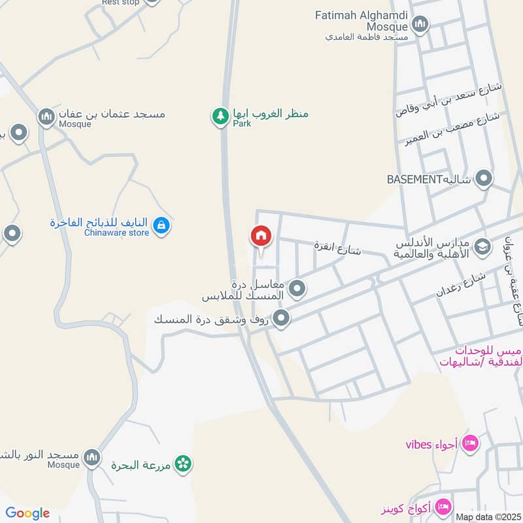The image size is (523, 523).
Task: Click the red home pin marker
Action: click(260, 237)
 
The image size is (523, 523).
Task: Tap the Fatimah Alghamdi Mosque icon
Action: click(419, 25)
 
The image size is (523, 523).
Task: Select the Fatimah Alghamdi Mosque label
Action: click(362, 20)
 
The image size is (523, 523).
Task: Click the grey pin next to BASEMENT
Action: click(484, 178)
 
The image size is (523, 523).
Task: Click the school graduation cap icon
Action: click(482, 247)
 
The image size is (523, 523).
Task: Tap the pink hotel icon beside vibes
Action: click(470, 445)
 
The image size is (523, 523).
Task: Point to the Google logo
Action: click(27, 513)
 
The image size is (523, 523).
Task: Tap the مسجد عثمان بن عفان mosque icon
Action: click(46, 118)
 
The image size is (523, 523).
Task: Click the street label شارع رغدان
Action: click(461, 285)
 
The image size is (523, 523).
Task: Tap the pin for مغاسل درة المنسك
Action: click(297, 288)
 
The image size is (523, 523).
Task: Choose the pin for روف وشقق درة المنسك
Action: click(281, 319)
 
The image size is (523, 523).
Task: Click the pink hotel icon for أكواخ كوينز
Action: click(443, 507)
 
